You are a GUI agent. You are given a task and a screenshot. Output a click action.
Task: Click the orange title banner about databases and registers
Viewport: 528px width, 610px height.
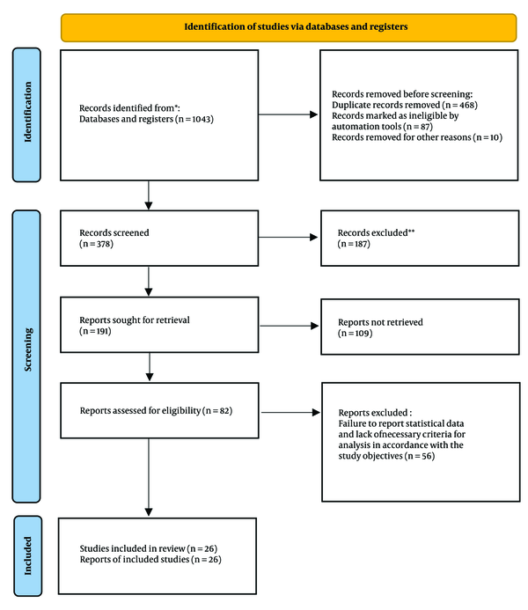pyautogui.click(x=289, y=27)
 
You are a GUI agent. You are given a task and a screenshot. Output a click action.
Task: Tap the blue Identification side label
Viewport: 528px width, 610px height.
pyautogui.click(x=26, y=114)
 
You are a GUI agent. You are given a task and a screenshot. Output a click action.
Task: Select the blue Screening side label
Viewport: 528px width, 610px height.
pyautogui.click(x=26, y=356)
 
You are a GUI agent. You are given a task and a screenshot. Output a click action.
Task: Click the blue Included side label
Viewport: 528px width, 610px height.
pyautogui.click(x=27, y=556)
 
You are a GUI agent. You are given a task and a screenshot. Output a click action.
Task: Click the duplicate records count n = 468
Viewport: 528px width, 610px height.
pyautogui.click(x=459, y=105)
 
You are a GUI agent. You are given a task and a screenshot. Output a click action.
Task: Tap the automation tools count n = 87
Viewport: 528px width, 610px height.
pyautogui.click(x=418, y=127)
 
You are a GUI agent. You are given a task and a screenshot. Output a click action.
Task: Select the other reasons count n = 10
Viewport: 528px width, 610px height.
pyautogui.click(x=488, y=137)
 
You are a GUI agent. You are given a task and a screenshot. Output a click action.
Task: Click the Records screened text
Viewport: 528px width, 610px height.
pyautogui.click(x=114, y=232)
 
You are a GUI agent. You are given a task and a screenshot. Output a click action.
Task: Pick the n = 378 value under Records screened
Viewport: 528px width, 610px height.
pyautogui.click(x=97, y=244)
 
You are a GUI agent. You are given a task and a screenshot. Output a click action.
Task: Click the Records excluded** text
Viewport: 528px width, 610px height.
pyautogui.click(x=376, y=232)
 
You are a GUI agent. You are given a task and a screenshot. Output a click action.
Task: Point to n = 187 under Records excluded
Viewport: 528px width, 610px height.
pyautogui.click(x=354, y=244)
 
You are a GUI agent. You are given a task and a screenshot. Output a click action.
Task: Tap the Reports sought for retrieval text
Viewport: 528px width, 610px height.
pyautogui.click(x=135, y=320)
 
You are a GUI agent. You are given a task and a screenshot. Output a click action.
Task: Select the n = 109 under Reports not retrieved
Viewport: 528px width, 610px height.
pyautogui.click(x=355, y=334)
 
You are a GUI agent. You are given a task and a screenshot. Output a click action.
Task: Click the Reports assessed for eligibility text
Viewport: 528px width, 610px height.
pyautogui.click(x=140, y=410)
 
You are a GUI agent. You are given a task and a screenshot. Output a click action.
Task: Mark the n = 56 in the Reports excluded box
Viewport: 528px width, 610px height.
pyautogui.click(x=420, y=456)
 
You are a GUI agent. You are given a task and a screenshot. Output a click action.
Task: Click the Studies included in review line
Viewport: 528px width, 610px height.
pyautogui.click(x=149, y=548)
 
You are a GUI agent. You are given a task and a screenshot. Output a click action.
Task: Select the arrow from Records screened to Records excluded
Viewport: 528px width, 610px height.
pyautogui.click(x=288, y=237)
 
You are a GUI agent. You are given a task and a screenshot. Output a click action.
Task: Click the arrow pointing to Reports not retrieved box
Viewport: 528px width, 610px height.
pyautogui.click(x=290, y=326)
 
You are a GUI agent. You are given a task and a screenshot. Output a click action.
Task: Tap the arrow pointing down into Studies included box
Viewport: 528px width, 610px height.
pyautogui.click(x=149, y=477)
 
